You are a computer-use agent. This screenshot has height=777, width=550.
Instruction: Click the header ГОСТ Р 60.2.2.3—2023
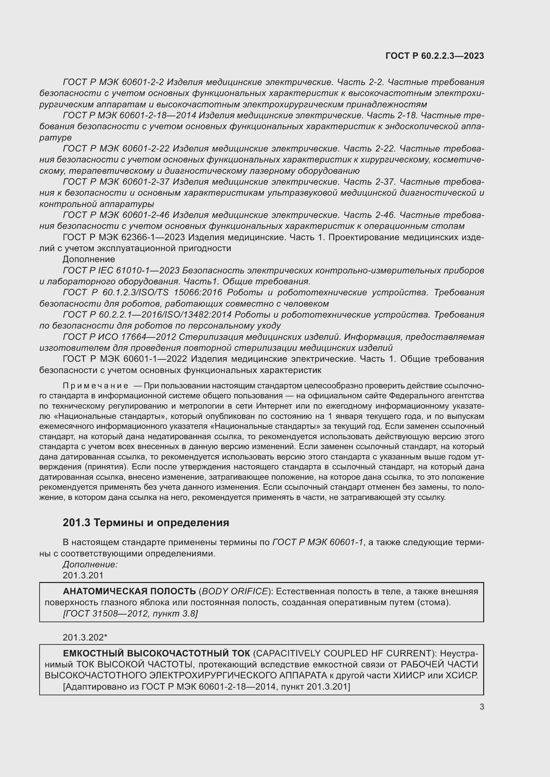435,56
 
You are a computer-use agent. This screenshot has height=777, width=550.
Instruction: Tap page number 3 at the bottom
481,707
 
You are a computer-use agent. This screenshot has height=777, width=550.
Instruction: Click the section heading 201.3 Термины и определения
146,523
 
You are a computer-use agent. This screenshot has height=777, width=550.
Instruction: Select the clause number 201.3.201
83,575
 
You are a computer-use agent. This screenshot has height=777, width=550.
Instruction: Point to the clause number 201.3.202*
85,637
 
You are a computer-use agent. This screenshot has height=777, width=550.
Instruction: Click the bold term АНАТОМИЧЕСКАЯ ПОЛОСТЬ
129,591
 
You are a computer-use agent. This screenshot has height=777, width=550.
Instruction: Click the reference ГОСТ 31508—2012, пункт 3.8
130,614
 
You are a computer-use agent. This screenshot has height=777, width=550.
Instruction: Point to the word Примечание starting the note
95,386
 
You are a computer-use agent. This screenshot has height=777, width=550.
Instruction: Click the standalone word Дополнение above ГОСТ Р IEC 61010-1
89,259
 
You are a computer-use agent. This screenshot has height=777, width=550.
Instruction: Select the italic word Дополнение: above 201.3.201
90,564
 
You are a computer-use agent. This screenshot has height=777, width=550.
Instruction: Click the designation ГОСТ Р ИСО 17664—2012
119,337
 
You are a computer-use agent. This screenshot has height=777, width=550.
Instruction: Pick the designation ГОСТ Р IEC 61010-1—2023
121,270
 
